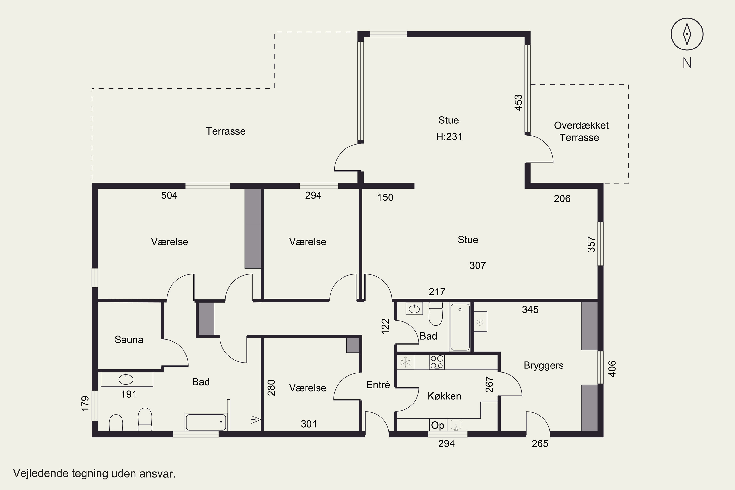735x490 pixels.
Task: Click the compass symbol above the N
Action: tap(687, 34)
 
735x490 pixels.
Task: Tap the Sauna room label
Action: tap(129, 339)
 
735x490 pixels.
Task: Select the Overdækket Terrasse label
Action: tap(581, 131)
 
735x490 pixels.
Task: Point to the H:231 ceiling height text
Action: tap(449, 136)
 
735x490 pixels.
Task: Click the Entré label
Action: tap(378, 385)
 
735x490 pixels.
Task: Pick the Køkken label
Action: tap(444, 396)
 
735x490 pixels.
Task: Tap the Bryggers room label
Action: tap(543, 365)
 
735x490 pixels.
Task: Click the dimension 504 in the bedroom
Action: tap(169, 195)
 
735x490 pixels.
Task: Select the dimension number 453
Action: tap(518, 102)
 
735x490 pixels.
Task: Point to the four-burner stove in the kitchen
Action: tap(437, 362)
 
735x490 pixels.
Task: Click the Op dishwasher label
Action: tap(438, 425)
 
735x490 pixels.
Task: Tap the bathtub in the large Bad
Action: tap(206, 422)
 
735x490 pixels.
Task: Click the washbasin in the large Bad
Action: tap(126, 379)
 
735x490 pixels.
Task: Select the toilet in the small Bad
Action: tap(436, 314)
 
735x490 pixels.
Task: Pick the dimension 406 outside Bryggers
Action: tap(612, 369)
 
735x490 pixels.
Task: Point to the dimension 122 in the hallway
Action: tap(386, 326)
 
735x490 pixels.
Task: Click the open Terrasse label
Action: tap(226, 131)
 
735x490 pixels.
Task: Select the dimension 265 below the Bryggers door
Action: tap(540, 444)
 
